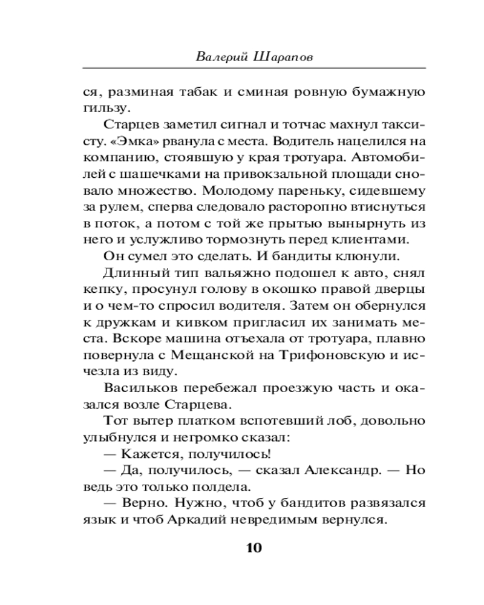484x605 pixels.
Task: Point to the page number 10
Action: pyautogui.click(x=253, y=548)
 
